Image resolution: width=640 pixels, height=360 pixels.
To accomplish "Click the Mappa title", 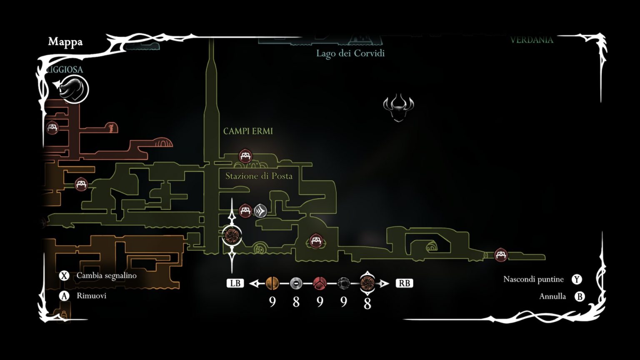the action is (x=65, y=42).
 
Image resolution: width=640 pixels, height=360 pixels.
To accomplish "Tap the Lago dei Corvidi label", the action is (x=350, y=53).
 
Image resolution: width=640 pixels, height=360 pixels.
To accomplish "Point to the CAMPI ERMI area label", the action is (x=248, y=131).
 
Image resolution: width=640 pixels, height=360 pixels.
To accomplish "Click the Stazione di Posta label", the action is (x=259, y=176).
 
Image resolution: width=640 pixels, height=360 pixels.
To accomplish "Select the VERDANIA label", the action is (x=532, y=40).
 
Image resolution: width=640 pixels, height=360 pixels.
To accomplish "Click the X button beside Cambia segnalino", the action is (x=64, y=275).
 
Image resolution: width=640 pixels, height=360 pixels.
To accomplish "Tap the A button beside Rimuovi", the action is (x=64, y=296).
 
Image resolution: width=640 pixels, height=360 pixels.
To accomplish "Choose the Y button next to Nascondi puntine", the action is (x=577, y=279).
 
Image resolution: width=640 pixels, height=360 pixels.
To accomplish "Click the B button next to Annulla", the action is (x=579, y=296).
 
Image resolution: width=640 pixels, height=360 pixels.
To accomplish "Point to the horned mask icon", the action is (x=398, y=107).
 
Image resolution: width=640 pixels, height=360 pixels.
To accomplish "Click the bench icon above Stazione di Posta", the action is (x=245, y=156).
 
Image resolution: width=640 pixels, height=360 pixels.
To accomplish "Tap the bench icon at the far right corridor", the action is (x=500, y=254).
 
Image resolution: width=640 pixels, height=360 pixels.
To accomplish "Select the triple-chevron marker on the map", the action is (x=260, y=211).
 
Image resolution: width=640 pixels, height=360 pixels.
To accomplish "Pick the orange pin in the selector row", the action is (x=272, y=283).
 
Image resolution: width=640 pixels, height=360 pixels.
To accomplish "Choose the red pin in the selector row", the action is (x=320, y=283).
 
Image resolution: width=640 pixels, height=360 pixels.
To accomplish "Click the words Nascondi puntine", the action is (x=533, y=279).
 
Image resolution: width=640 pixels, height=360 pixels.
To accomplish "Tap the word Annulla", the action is (x=552, y=296).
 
